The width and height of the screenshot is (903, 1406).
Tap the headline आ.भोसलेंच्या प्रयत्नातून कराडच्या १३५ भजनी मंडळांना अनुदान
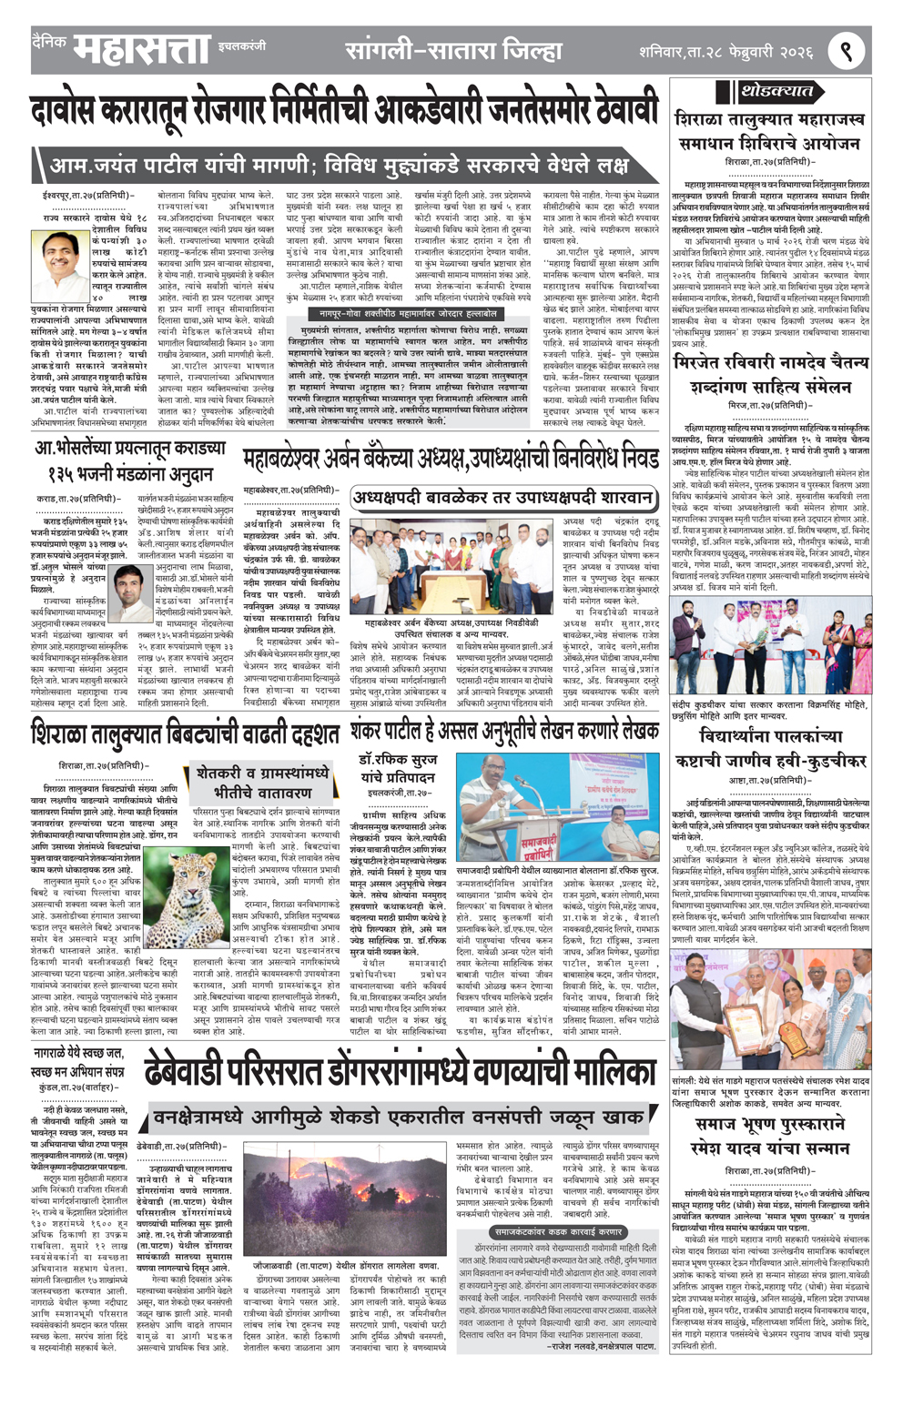[x=129, y=461]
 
